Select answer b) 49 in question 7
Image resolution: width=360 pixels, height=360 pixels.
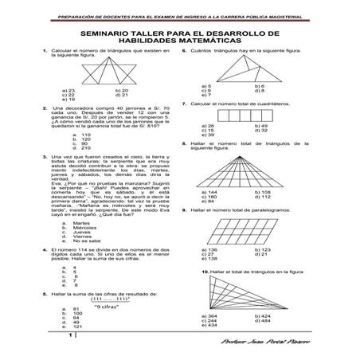click(262, 126)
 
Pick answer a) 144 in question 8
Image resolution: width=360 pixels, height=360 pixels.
click(212, 192)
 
